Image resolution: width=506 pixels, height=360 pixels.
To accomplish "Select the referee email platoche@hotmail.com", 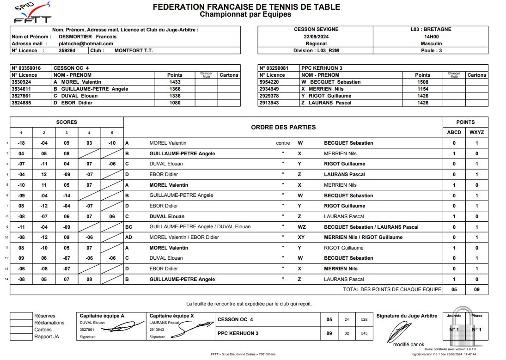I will click(86, 43).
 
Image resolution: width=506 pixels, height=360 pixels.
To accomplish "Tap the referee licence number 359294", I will click(66, 51).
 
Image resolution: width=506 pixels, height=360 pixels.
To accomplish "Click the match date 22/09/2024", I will click(316, 37).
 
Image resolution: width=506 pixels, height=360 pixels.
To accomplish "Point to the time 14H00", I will click(431, 37).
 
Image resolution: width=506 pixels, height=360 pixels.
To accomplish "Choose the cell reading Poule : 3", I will click(431, 51).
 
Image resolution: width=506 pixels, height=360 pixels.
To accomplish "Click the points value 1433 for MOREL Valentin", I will click(175, 82).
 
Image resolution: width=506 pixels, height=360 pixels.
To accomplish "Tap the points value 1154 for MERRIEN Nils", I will click(422, 89).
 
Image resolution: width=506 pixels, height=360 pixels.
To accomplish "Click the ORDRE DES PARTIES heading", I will click(283, 127).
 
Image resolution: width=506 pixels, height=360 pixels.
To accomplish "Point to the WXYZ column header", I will click(476, 132).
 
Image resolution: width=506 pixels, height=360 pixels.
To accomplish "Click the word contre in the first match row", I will click(283, 143).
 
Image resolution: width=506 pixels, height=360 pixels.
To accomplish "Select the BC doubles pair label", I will click(129, 227).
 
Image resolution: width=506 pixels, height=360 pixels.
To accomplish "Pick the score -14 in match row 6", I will click(67, 195).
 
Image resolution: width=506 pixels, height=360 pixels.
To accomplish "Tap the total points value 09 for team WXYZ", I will click(476, 290).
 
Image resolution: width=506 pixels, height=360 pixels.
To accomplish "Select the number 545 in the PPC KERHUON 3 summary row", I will click(364, 333).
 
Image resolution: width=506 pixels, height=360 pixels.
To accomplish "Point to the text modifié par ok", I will click(408, 344).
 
